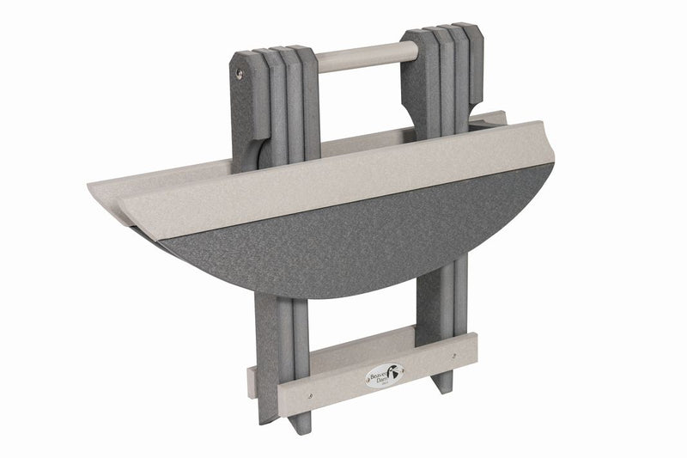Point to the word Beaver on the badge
coord(379,374)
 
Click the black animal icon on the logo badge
coord(395,376)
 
